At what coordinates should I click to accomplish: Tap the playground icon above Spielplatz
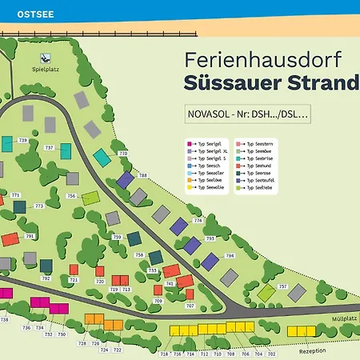46,58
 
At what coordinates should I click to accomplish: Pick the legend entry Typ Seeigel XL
214,150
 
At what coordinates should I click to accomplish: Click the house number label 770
123,153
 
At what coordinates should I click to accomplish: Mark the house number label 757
282,286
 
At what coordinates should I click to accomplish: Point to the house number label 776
198,220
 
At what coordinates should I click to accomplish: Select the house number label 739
23,140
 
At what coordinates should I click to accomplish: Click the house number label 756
71,196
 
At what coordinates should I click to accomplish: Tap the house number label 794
230,256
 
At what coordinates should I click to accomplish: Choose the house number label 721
74,280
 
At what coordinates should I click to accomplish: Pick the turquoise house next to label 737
65,146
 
